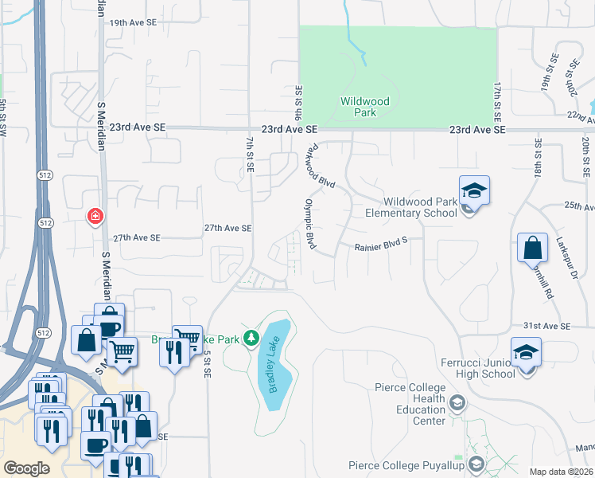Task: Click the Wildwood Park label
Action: pos(364,107)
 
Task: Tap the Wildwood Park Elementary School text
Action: pos(410,207)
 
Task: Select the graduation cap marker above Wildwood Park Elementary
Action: pos(474,190)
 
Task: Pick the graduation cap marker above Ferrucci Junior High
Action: pos(526,352)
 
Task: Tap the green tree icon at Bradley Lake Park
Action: pos(252,339)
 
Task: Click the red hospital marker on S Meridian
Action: pos(95,216)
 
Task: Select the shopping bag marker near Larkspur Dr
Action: pos(532,248)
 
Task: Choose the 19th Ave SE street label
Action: pos(131,24)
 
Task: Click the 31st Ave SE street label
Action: pos(546,326)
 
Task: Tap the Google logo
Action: pos(27,468)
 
